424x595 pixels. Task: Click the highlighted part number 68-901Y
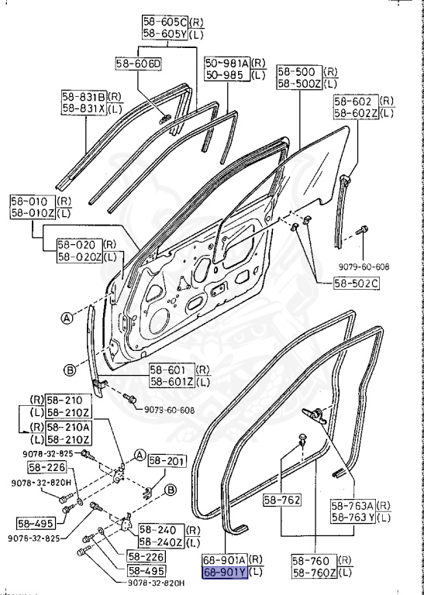click(x=223, y=574)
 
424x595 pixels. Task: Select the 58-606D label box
click(x=138, y=64)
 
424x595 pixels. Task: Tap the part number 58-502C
click(x=357, y=284)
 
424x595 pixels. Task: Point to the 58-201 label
click(x=167, y=462)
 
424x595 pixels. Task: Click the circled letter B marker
click(x=69, y=370)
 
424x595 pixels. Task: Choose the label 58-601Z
click(x=171, y=381)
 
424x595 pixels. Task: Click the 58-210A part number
click(x=67, y=427)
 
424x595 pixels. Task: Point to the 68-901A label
click(x=223, y=560)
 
